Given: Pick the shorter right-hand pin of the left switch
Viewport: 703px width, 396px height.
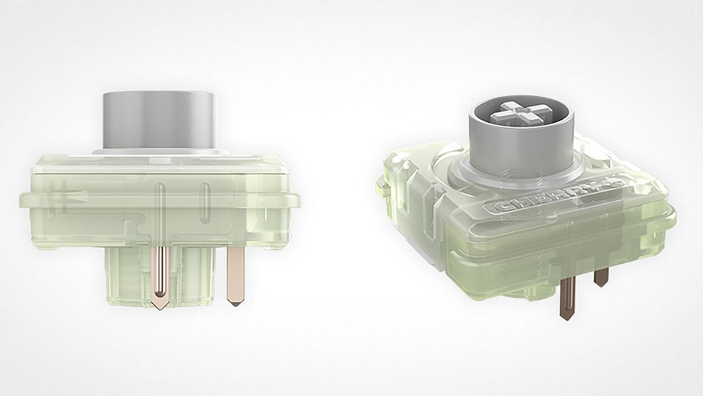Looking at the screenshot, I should [235, 273].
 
